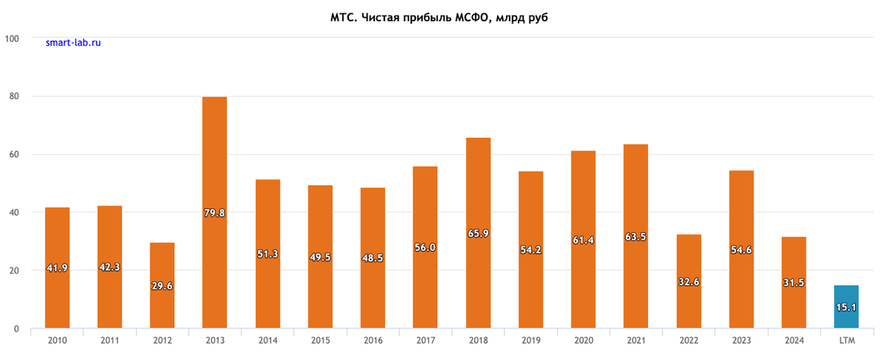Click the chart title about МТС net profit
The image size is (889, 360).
(x=444, y=17)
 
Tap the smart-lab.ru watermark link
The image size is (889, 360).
(x=73, y=43)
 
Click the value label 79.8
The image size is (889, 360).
(x=215, y=213)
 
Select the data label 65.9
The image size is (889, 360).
(x=478, y=233)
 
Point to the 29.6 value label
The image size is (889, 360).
(x=162, y=286)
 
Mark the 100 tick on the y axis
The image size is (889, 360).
(x=11, y=38)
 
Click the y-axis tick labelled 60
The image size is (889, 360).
(x=13, y=154)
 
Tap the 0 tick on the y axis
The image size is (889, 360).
(x=16, y=329)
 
